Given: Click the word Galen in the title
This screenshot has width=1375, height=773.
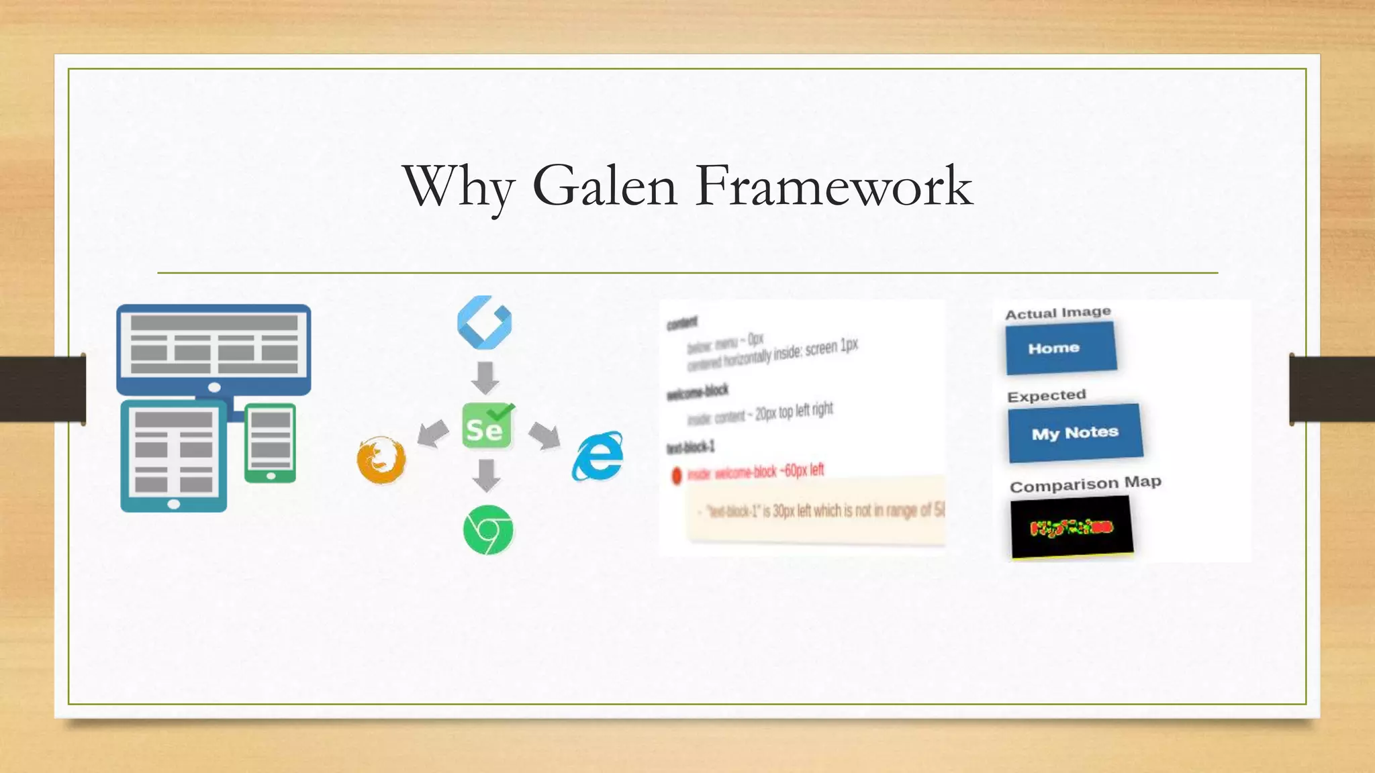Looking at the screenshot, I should pyautogui.click(x=604, y=186).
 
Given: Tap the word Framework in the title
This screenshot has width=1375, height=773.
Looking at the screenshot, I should pyautogui.click(x=834, y=186).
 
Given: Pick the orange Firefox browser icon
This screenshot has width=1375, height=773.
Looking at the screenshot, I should pyautogui.click(x=381, y=460).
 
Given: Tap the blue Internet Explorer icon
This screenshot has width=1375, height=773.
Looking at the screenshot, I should pyautogui.click(x=598, y=457).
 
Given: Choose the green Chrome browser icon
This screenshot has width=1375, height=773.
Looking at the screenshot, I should pyautogui.click(x=488, y=529).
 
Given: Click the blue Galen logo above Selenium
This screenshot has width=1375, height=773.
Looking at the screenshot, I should pyautogui.click(x=484, y=322).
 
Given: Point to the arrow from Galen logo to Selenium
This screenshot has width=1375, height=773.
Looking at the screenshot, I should pyautogui.click(x=485, y=377).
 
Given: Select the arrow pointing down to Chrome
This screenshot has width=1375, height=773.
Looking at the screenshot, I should pyautogui.click(x=486, y=475).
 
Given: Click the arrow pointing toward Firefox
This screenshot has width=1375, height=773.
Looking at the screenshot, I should pyautogui.click(x=433, y=433).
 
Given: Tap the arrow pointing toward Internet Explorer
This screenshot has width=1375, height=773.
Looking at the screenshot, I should pyautogui.click(x=544, y=435).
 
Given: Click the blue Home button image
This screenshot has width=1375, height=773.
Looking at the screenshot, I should pyautogui.click(x=1061, y=348).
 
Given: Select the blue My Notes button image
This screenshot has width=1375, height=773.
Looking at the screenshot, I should pyautogui.click(x=1075, y=433).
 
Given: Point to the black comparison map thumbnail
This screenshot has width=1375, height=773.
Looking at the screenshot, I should pyautogui.click(x=1072, y=527).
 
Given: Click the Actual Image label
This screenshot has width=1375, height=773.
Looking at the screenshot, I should pyautogui.click(x=1057, y=313).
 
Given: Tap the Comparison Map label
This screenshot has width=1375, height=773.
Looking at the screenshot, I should pyautogui.click(x=1085, y=484).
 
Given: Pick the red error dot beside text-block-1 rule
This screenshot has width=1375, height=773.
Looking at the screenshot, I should pyautogui.click(x=676, y=476).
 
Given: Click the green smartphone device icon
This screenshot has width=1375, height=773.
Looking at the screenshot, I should pyautogui.click(x=271, y=443).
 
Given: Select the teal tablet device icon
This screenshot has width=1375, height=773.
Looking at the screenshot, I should pyautogui.click(x=174, y=456).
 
